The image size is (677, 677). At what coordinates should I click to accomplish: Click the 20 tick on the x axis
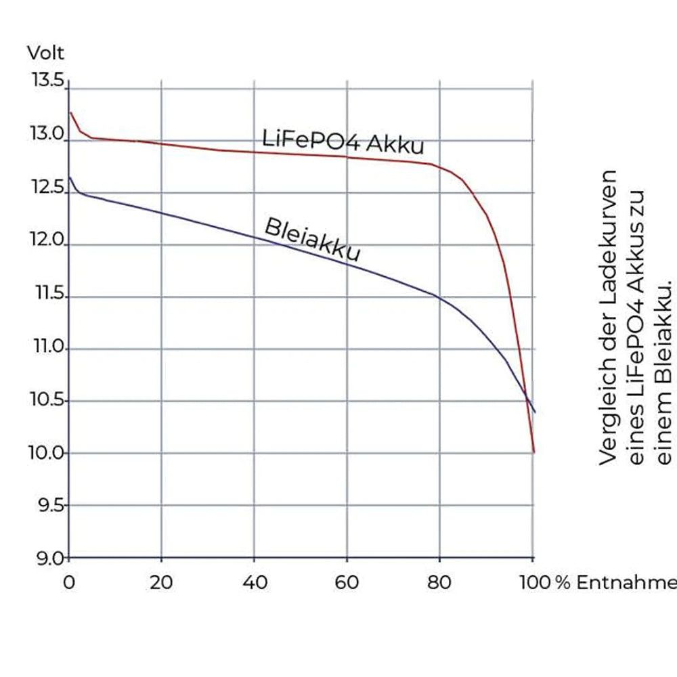[x=161, y=582]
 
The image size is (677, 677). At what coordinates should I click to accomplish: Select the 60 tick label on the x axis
[x=347, y=582]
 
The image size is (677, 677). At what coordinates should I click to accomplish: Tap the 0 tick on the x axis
[x=68, y=582]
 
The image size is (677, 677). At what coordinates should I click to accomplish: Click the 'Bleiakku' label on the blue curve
[x=312, y=239]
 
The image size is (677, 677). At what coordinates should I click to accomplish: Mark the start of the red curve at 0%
[x=70, y=112]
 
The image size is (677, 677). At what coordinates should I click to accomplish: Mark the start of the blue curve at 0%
[x=70, y=177]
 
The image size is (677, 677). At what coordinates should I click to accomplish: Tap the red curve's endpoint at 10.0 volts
[x=534, y=452]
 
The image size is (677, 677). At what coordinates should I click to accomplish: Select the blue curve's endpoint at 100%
[x=535, y=412]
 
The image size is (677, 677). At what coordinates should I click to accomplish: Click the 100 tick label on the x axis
[x=531, y=582]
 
